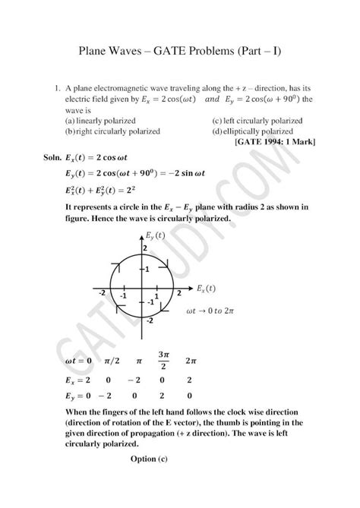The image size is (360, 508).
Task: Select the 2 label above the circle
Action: (x=144, y=249)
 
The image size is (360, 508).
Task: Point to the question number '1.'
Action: (x=56, y=89)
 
